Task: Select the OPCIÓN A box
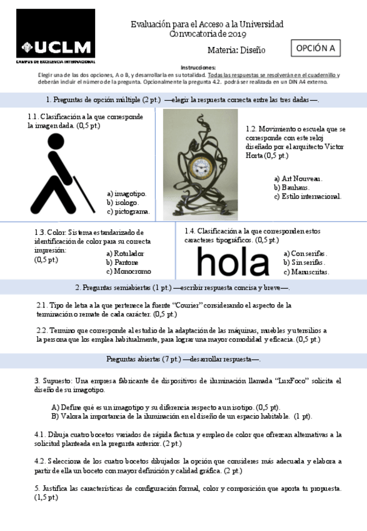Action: tap(316, 48)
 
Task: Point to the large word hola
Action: tap(233, 262)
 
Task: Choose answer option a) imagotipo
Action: tap(126, 193)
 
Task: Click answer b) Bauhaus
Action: tap(291, 187)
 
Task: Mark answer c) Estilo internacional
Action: tap(308, 196)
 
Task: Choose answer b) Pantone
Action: tap(122, 262)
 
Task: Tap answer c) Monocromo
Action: tap(128, 271)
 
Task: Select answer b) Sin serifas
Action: tap(304, 262)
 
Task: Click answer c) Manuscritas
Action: tap(306, 272)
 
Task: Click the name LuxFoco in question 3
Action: tap(291, 380)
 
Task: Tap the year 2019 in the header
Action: tap(238, 34)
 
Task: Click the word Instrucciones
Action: tap(198, 67)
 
